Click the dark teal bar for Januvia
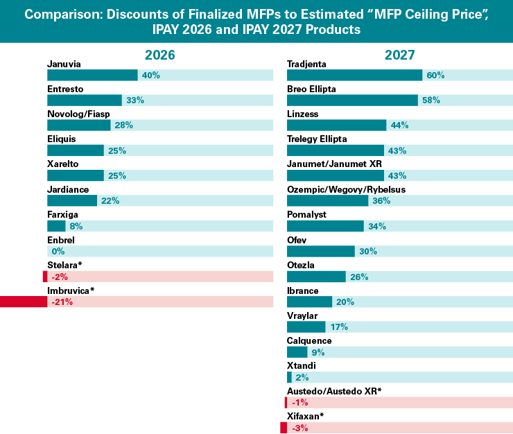92,75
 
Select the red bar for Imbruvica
24,302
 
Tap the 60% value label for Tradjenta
436,75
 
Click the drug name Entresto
65,89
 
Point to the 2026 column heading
159,55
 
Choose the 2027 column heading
400,55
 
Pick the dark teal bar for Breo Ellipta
352,100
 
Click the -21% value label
62,302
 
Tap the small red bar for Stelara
45,277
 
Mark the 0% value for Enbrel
58,252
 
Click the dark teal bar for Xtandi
289,377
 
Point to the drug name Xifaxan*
306,416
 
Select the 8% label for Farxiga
77,226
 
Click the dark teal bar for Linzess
336,125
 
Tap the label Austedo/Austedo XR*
334,391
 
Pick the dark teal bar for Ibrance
309,302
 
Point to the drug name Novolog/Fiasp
78,114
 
